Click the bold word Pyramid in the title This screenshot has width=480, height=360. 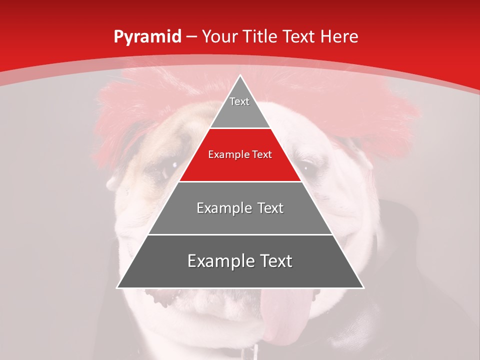click(147, 37)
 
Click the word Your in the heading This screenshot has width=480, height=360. click(219, 36)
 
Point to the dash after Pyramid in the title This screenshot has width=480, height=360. click(191, 37)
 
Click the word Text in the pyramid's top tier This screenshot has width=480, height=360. click(239, 101)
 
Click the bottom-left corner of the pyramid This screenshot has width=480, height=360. click(117, 287)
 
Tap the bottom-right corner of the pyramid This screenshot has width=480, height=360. click(363, 287)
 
